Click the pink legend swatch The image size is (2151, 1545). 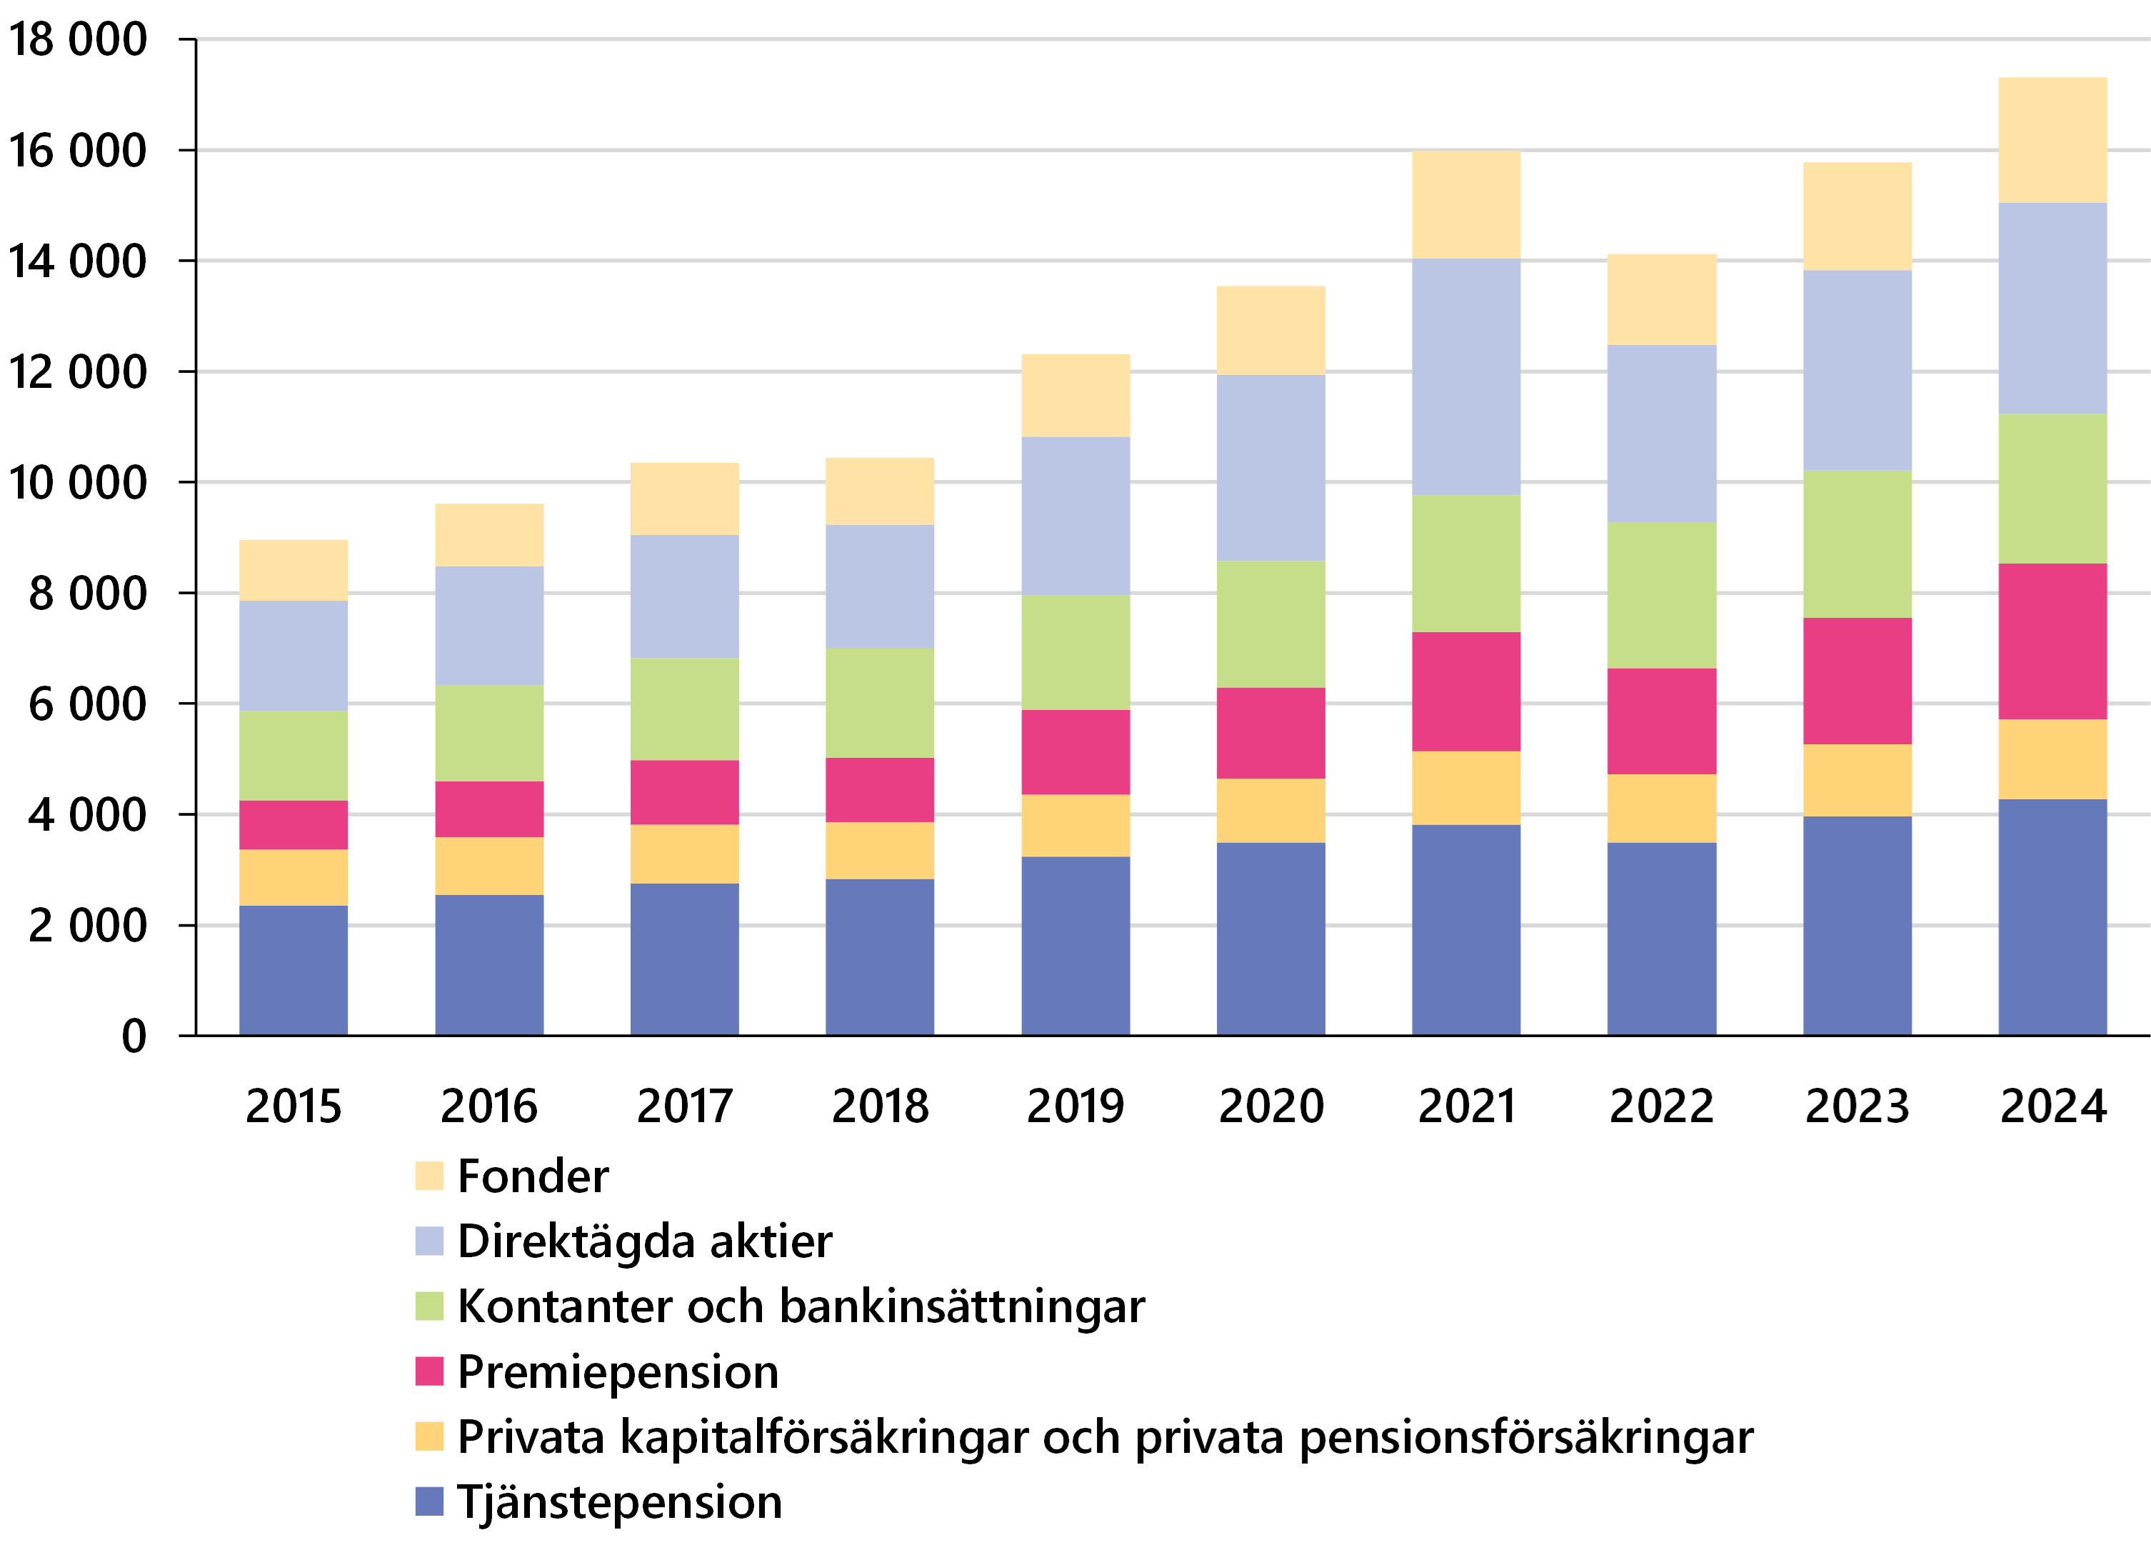(x=428, y=1371)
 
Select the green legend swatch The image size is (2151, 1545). (x=428, y=1306)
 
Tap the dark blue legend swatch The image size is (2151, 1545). (x=428, y=1501)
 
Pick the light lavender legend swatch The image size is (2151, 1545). (x=428, y=1241)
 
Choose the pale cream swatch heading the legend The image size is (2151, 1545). (x=428, y=1176)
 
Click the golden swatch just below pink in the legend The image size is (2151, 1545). (x=428, y=1436)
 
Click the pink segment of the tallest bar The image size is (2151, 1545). (x=2052, y=641)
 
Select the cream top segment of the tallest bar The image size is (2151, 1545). (x=2052, y=139)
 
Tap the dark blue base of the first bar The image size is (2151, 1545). (x=293, y=969)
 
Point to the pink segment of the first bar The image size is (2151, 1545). (x=293, y=824)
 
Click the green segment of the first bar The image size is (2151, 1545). (x=293, y=755)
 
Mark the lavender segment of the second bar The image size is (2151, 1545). (x=489, y=626)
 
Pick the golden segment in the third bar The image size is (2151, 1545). (x=685, y=854)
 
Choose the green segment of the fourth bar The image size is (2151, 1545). (x=880, y=703)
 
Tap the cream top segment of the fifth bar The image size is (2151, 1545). (x=1075, y=394)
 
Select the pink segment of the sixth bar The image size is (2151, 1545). (x=1271, y=733)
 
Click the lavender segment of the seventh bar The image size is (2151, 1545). (x=1466, y=376)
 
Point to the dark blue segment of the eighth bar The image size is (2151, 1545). (x=1662, y=938)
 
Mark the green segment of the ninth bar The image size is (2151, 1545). (x=1857, y=544)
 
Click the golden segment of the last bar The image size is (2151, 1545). (x=2052, y=759)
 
